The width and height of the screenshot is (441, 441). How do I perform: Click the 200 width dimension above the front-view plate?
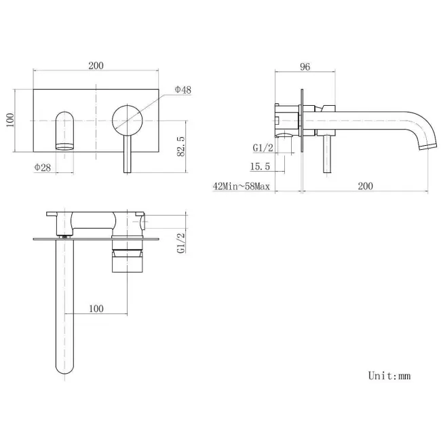coord(96,65)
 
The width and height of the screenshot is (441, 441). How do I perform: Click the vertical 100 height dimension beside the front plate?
coord(9,121)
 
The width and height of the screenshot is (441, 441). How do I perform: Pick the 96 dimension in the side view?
coord(305,66)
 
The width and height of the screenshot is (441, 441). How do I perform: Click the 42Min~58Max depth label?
coord(241,185)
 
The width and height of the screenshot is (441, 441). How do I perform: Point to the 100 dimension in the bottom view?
coord(96,308)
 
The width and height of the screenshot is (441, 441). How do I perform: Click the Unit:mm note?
coord(389,375)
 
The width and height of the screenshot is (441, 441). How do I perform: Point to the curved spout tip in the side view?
coord(426,143)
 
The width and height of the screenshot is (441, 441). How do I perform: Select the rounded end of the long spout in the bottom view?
coord(64,366)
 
